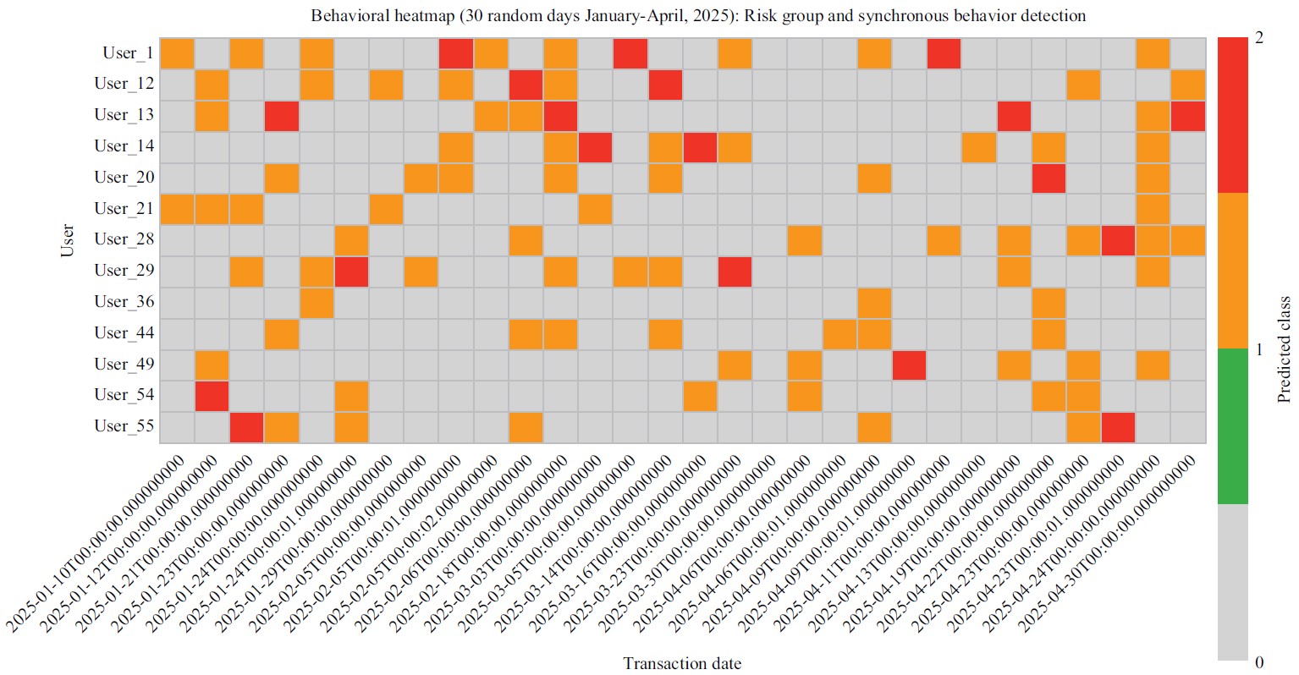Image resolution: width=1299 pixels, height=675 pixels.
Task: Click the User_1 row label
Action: click(x=128, y=53)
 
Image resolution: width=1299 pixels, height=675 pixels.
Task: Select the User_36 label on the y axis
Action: click(x=124, y=302)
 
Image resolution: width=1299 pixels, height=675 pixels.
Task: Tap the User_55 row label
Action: click(x=124, y=426)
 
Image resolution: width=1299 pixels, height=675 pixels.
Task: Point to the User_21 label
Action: click(x=124, y=209)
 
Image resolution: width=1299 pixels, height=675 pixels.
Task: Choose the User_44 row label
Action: click(x=124, y=333)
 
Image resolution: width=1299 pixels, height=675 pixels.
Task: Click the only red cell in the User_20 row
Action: click(x=1049, y=178)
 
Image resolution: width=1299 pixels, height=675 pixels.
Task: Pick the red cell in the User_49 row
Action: click(x=909, y=365)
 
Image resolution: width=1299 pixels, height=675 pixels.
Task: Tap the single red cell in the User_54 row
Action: click(x=212, y=396)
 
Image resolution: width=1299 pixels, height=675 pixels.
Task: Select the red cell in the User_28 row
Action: click(x=1118, y=240)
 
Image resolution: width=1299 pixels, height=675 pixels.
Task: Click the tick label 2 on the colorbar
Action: click(x=1260, y=38)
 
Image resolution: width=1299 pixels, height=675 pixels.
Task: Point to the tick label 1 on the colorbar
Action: click(x=1260, y=349)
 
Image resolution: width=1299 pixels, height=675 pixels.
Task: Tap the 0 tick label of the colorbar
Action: click(x=1260, y=661)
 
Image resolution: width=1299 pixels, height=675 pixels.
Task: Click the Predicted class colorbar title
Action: click(x=1285, y=348)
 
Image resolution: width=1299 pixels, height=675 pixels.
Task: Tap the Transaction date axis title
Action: click(x=682, y=663)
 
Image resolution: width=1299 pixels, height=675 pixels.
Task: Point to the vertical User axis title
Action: click(x=68, y=240)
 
